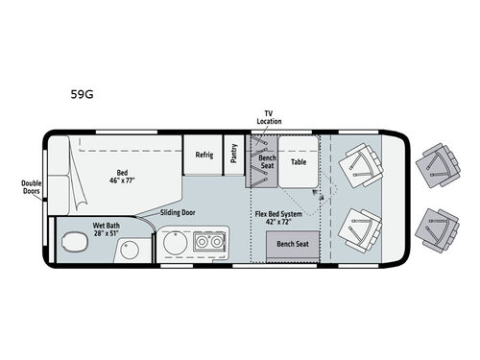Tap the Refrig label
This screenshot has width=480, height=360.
204,155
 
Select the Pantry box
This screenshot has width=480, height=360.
234,156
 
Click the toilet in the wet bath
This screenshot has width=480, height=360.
69,244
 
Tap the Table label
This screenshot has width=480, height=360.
299,162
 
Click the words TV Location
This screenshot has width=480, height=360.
269,117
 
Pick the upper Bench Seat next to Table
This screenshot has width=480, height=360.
268,159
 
